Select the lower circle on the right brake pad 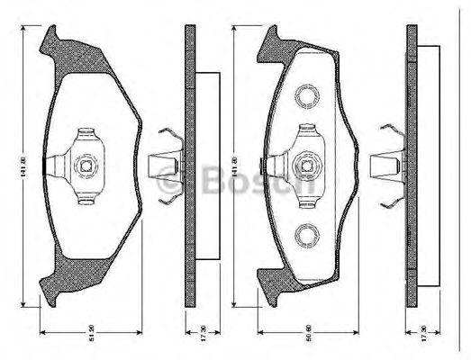[x=307, y=235]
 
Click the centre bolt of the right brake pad [x=307, y=165]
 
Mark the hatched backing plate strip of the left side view [x=190, y=165]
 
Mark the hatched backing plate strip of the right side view [x=412, y=165]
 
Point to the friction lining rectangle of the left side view [x=206, y=165]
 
